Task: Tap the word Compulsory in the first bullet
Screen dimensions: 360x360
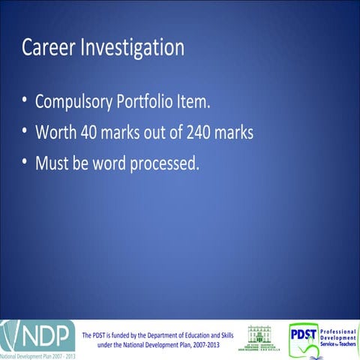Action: tap(74, 103)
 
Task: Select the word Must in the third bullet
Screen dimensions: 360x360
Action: tap(52, 162)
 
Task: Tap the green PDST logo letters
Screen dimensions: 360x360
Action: tap(303, 333)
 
